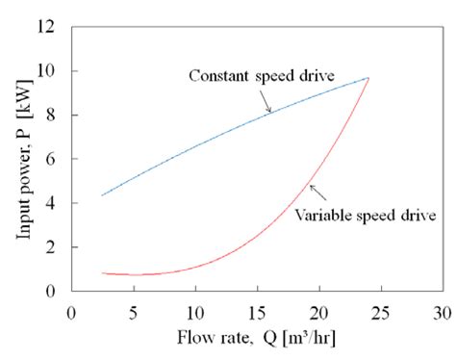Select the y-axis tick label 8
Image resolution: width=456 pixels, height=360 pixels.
click(53, 116)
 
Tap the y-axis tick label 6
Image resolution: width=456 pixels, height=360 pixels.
click(53, 160)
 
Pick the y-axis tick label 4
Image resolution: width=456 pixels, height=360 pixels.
click(53, 204)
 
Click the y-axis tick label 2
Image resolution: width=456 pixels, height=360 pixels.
click(53, 248)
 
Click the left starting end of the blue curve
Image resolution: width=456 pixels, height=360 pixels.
click(101, 195)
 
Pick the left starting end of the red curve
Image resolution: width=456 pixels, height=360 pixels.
click(101, 273)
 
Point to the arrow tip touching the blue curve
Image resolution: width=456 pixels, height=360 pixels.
click(272, 113)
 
